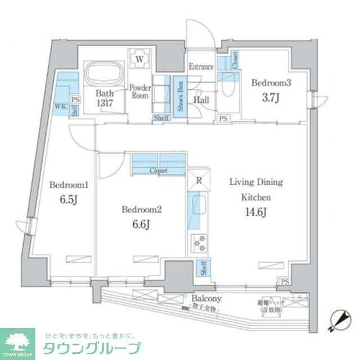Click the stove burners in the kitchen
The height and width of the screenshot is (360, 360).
point(198,242)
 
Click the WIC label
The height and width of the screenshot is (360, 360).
point(61,105)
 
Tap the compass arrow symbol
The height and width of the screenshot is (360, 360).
point(339,321)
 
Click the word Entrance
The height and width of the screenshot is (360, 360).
point(201,67)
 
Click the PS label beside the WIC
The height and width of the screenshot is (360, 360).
point(76,100)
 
